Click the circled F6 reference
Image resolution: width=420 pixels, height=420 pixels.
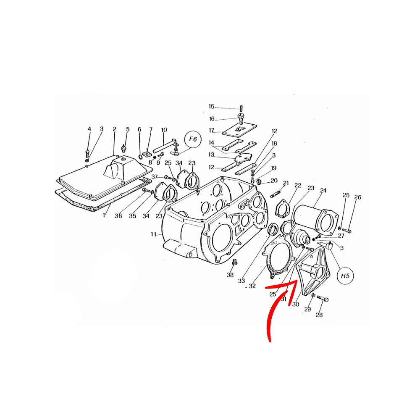[193, 139]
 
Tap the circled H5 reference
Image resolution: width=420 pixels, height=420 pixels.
[346, 276]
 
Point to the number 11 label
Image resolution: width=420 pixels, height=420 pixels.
[153, 235]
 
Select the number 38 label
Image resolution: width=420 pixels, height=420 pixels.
[230, 275]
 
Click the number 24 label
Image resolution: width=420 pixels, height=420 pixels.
[323, 190]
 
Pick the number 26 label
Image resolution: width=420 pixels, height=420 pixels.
[357, 197]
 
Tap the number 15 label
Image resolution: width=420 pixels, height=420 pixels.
[212, 107]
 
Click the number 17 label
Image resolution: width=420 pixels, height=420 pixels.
[212, 131]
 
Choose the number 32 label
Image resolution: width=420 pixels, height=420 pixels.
[252, 286]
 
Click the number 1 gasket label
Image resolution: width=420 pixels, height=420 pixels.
[105, 215]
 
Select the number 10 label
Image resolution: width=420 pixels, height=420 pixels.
[164, 130]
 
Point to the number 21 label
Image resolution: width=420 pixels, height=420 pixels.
[286, 183]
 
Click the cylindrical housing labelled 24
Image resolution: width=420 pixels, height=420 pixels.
[313, 217]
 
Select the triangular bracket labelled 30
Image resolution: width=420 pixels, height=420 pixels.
[313, 271]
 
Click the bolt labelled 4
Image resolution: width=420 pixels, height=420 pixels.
[88, 153]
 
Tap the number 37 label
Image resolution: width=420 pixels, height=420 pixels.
[154, 176]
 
